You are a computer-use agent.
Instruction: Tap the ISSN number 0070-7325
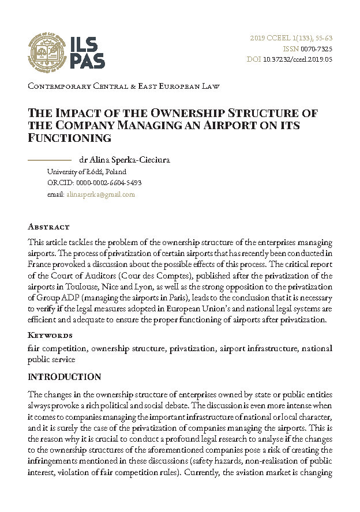(x=316, y=49)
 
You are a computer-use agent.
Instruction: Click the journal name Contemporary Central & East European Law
(x=123, y=86)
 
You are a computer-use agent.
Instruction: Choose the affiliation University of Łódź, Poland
(x=87, y=171)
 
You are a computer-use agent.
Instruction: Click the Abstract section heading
(x=48, y=227)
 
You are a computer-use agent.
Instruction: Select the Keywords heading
(x=50, y=335)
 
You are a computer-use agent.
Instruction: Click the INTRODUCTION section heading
(x=64, y=377)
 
